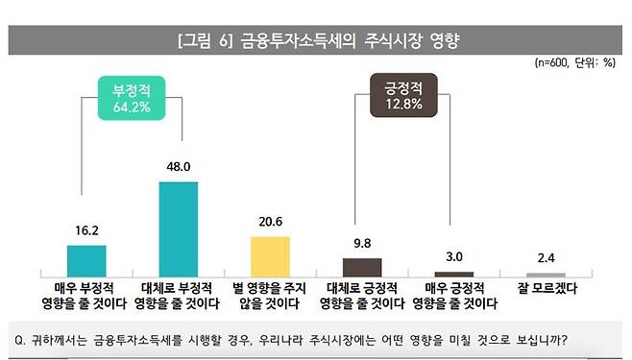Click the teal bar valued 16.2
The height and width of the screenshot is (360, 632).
(86, 260)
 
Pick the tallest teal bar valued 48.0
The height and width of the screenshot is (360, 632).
(178, 228)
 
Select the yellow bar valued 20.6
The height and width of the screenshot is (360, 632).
(270, 255)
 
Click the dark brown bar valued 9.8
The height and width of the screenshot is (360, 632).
(362, 267)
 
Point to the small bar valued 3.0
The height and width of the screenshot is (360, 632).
(454, 274)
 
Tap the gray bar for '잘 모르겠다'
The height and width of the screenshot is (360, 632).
(546, 275)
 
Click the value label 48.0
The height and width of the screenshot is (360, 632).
(178, 168)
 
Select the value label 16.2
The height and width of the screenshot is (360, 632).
(86, 231)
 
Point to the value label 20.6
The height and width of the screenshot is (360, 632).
(270, 222)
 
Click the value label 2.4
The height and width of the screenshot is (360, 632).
(546, 260)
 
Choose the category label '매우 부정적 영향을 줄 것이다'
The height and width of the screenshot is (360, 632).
(86, 295)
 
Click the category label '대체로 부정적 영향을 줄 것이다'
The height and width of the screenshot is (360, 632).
(178, 295)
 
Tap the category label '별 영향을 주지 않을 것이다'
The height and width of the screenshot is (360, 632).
(270, 295)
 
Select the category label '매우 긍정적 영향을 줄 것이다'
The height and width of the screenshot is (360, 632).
(454, 295)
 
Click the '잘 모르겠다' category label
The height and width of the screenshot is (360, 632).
(546, 287)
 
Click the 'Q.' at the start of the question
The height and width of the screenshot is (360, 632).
(22, 338)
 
